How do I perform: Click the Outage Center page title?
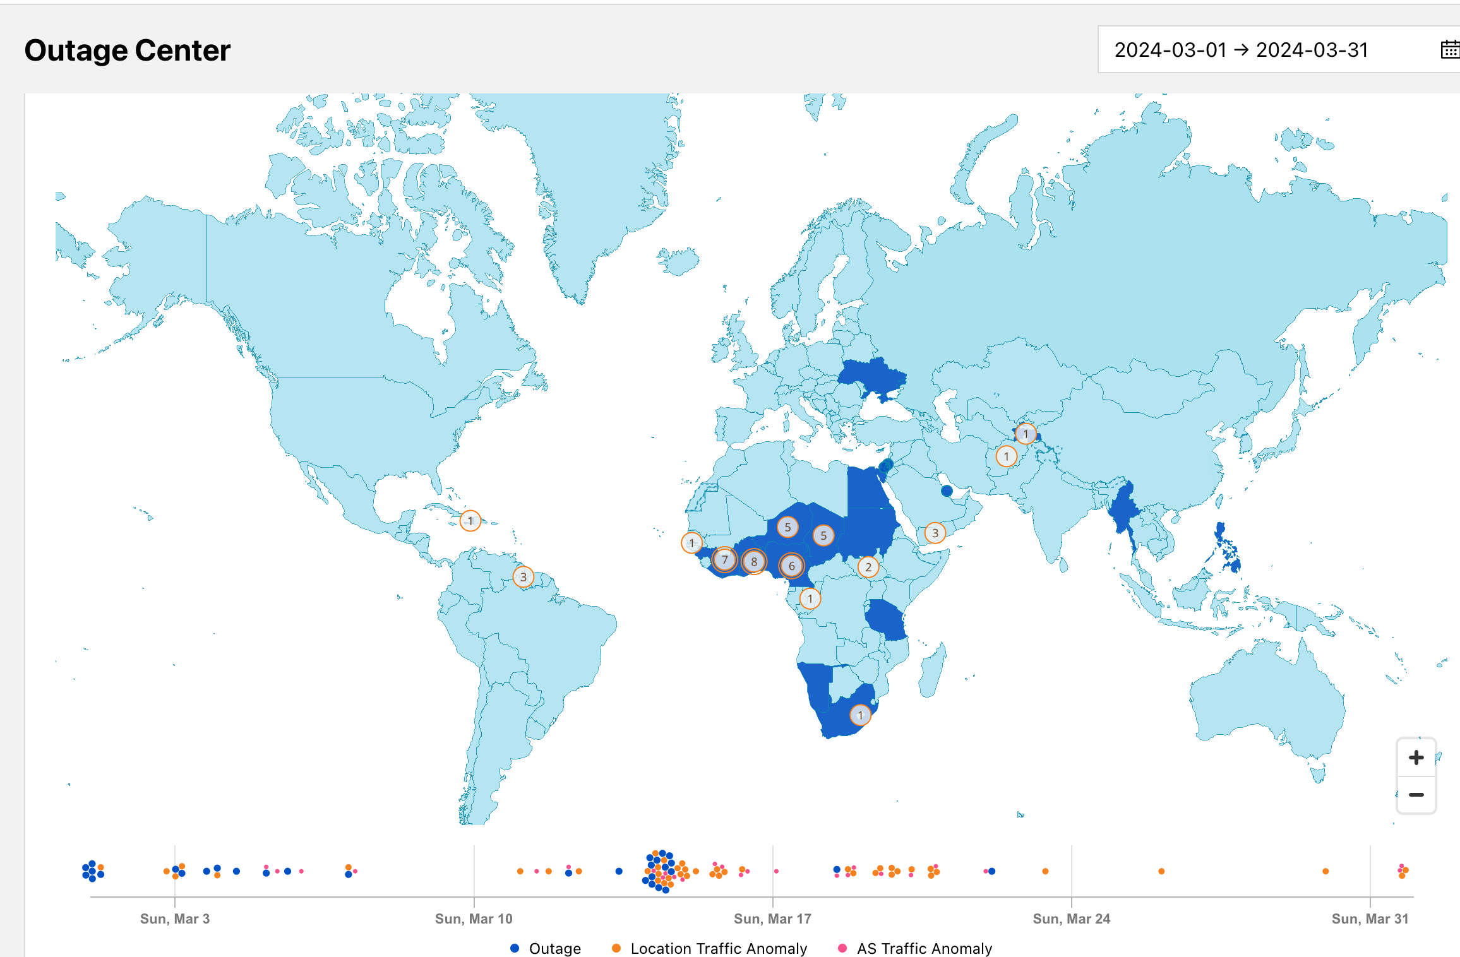pos(127,51)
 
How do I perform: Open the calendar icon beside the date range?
pos(1449,49)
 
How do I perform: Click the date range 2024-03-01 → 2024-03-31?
pos(1240,50)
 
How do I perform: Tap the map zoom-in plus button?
pos(1416,758)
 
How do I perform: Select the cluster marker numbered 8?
pos(753,561)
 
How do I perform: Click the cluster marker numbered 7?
pos(724,559)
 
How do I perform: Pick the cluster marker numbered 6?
pos(791,566)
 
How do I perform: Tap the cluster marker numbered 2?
pos(868,567)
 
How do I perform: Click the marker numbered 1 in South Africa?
pos(859,715)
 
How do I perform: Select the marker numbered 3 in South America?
pos(523,577)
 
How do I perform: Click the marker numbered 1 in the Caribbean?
pos(470,521)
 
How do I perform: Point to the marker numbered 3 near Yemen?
pos(935,533)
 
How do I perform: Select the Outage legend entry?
pos(545,948)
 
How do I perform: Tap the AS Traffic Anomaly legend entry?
pos(915,948)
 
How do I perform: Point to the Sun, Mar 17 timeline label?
pos(772,918)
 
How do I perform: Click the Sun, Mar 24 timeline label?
pos(1071,918)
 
